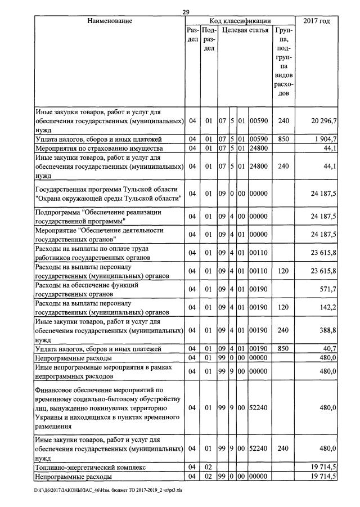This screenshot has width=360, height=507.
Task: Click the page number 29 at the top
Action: pos(187,12)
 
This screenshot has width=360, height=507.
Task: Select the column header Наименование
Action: pos(110,21)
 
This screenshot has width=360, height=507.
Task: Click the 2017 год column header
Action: pos(317,21)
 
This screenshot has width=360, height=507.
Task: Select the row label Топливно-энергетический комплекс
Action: pos(90,467)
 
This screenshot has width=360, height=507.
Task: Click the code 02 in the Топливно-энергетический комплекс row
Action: pos(208,467)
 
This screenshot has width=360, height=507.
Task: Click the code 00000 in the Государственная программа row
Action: pos(259,193)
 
